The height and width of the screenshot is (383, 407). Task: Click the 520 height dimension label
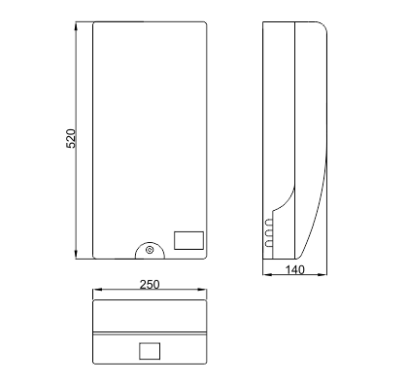pyautogui.click(x=71, y=138)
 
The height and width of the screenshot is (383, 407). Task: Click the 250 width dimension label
pyautogui.click(x=150, y=285)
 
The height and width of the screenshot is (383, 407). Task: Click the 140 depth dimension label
pyautogui.click(x=295, y=270)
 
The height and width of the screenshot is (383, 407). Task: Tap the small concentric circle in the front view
pyautogui.click(x=150, y=250)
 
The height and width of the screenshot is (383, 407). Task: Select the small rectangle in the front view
pyautogui.click(x=189, y=240)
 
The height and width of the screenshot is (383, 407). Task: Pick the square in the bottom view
pyautogui.click(x=150, y=351)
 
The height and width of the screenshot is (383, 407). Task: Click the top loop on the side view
pyautogui.click(x=269, y=223)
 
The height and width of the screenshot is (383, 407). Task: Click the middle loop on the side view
pyautogui.click(x=269, y=233)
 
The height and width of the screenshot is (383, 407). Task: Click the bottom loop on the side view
pyautogui.click(x=269, y=244)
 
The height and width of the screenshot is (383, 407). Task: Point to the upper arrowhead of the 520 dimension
pyautogui.click(x=77, y=26)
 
